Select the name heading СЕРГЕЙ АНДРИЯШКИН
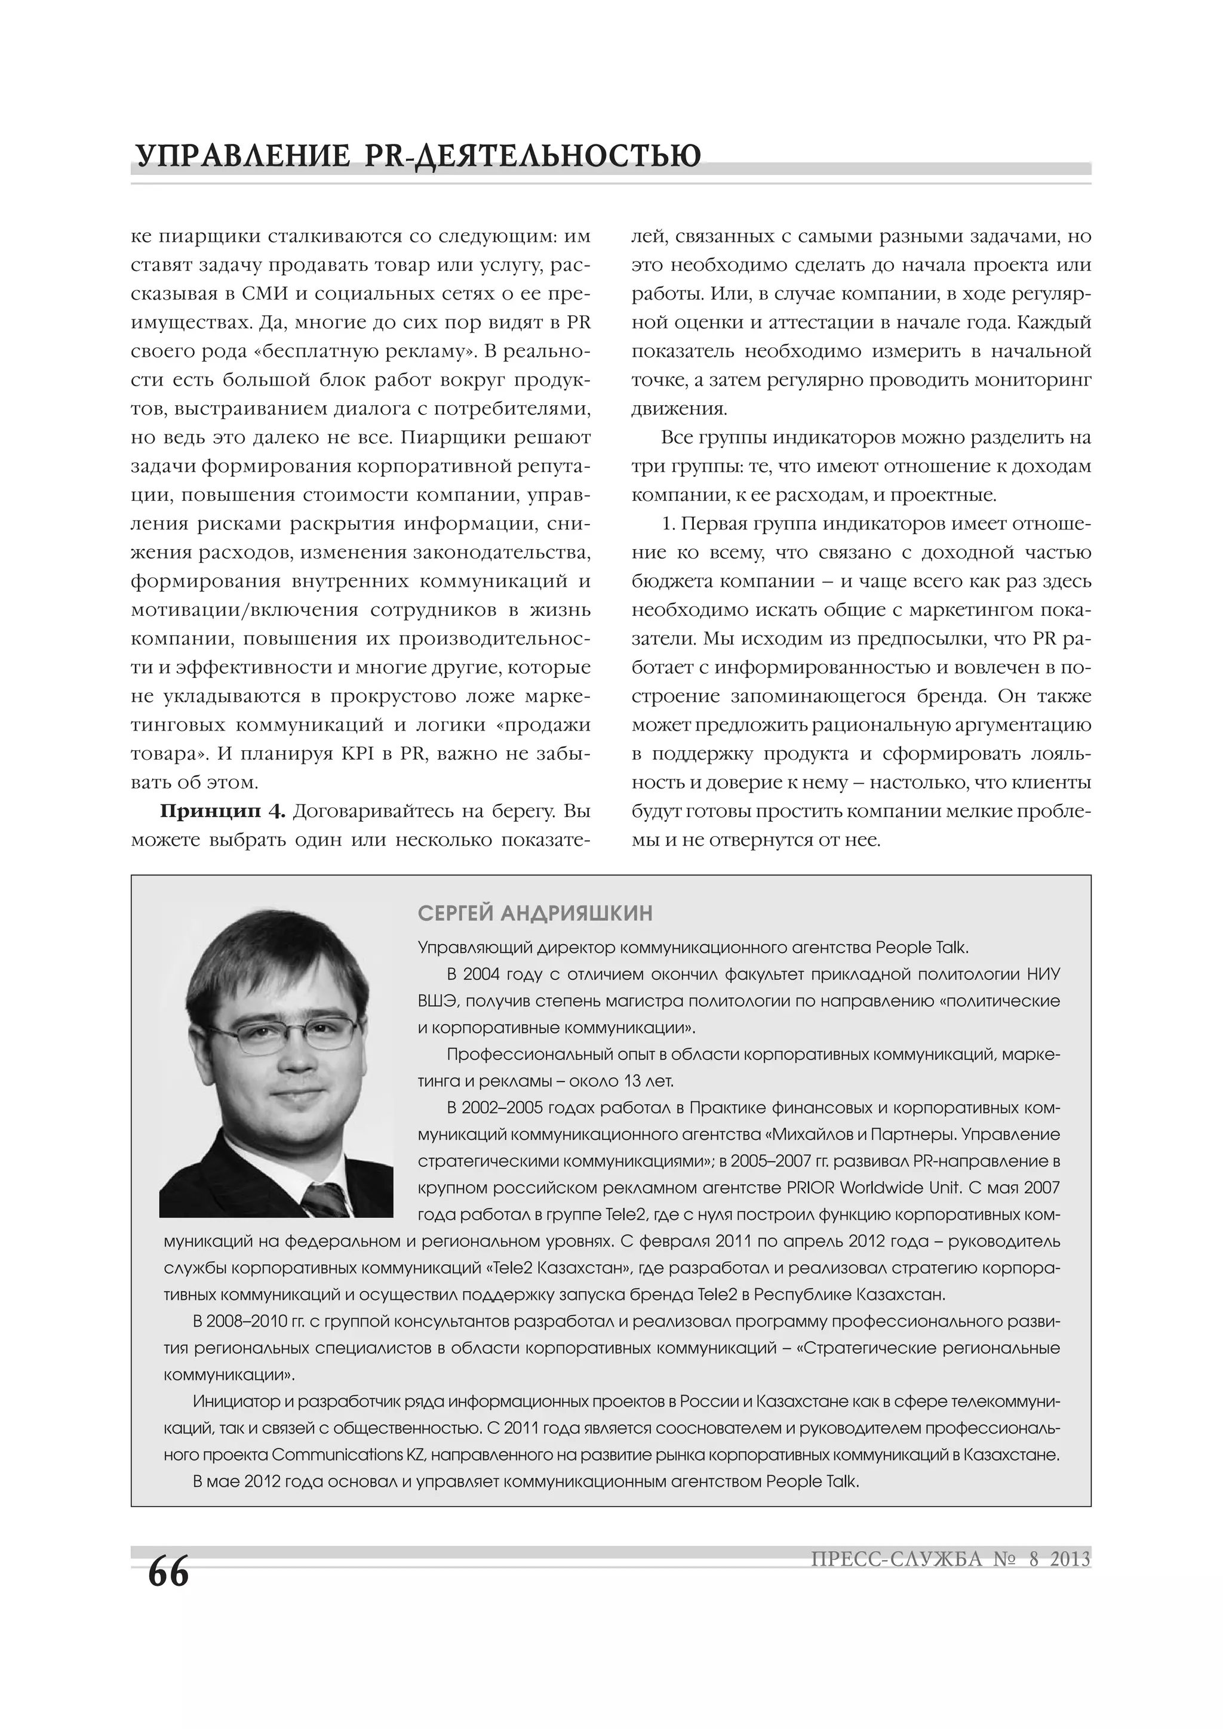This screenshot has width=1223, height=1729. pos(535,914)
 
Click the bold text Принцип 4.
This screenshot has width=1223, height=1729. pos(222,811)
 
